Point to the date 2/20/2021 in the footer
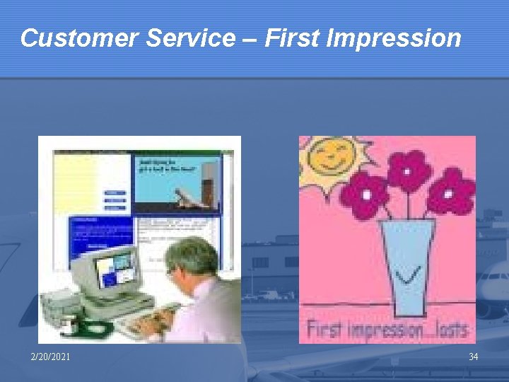(x=50, y=357)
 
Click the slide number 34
(x=473, y=357)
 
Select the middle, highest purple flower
(x=409, y=170)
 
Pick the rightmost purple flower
(x=451, y=191)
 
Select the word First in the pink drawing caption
(x=325, y=330)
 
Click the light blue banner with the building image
(x=177, y=183)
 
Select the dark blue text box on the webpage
(x=100, y=237)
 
